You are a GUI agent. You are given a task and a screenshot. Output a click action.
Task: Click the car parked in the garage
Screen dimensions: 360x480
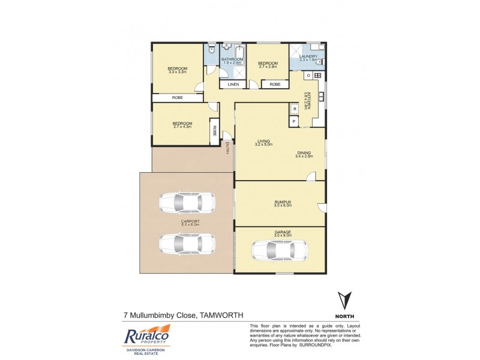tap(280, 250)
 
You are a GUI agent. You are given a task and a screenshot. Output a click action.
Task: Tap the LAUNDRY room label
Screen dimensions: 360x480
tap(308, 56)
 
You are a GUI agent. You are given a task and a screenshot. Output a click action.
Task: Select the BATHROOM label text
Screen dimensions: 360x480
tap(232, 59)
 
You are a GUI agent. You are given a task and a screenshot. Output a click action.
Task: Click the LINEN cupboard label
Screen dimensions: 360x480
tap(233, 85)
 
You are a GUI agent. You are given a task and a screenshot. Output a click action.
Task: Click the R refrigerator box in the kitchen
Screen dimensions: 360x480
tap(294, 109)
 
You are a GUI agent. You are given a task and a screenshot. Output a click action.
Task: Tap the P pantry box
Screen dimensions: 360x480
tap(294, 121)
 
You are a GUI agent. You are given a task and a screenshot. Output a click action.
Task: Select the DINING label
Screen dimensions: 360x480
tap(304, 153)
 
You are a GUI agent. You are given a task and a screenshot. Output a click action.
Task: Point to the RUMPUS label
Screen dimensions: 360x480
tap(283, 202)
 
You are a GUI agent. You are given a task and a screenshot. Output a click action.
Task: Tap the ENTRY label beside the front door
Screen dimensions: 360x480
tap(228, 148)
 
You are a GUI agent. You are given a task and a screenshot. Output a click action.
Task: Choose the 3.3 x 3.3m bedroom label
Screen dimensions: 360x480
tap(178, 69)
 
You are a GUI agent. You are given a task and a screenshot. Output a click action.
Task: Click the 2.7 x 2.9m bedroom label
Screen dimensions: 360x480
tap(268, 63)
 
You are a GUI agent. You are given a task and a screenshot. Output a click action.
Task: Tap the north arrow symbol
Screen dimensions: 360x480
tap(343, 301)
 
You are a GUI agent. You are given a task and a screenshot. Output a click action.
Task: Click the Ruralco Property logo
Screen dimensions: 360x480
tap(146, 338)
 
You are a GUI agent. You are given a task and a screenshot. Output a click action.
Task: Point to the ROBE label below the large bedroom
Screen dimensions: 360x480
tap(178, 97)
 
